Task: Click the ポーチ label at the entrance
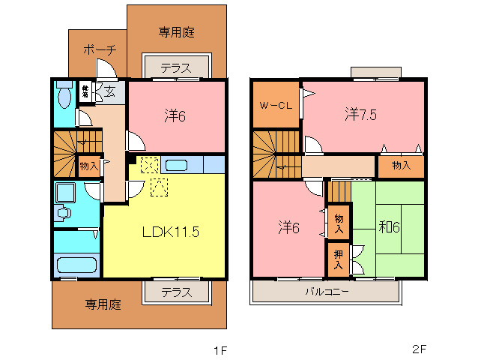coord(99,50)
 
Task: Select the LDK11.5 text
coord(170,232)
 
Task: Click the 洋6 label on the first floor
coord(176,116)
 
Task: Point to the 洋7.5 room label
coord(361,115)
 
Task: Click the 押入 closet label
coord(339,259)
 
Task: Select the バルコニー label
coord(326,291)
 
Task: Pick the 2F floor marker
coord(419,349)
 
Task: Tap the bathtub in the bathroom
coord(76,265)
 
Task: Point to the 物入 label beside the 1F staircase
coord(88,165)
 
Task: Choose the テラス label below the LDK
coord(176,292)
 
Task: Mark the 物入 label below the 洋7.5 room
coord(401,166)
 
